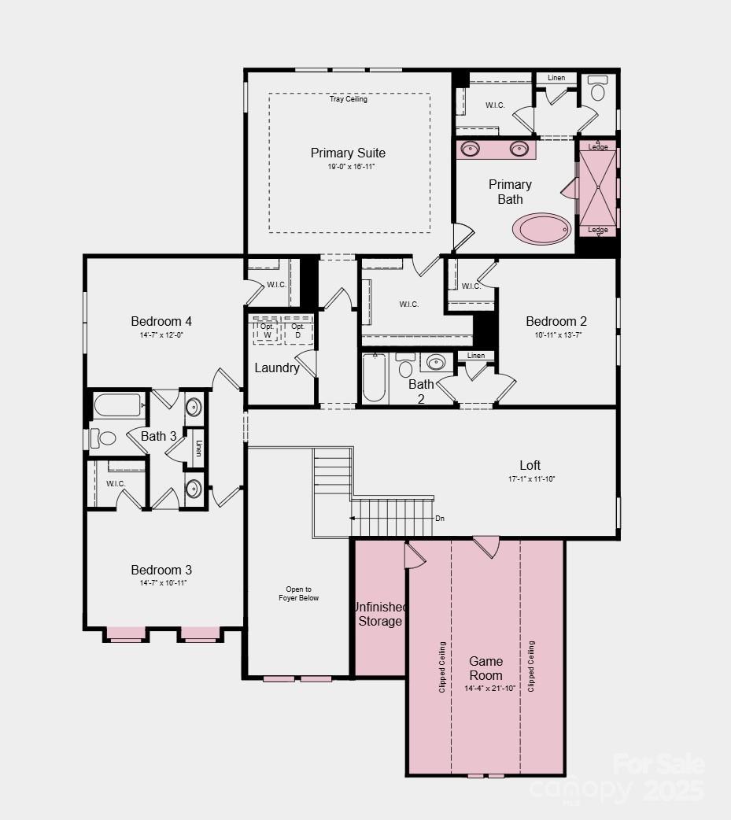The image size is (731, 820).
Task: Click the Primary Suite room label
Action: [x=348, y=153]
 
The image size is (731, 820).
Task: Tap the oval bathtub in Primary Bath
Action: [x=542, y=229]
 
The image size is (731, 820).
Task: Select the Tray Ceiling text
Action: [x=348, y=99]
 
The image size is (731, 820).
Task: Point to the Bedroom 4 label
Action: [x=161, y=321]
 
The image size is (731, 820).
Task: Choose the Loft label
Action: [x=530, y=465]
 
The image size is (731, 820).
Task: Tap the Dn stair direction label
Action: [x=440, y=519]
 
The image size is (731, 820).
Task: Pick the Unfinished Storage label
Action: [x=380, y=614]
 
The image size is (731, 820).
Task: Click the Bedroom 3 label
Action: [x=161, y=570]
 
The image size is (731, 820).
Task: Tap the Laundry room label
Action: [x=277, y=368]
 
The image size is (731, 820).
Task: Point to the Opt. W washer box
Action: [x=267, y=331]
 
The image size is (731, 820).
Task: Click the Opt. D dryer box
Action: [x=297, y=331]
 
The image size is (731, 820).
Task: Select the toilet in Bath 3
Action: [x=105, y=438]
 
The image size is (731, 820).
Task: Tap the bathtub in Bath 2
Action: [x=375, y=379]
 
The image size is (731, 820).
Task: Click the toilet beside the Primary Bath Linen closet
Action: [x=598, y=90]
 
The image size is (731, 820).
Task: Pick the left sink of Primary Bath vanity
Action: [x=471, y=149]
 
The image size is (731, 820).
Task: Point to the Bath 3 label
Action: [x=159, y=436]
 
